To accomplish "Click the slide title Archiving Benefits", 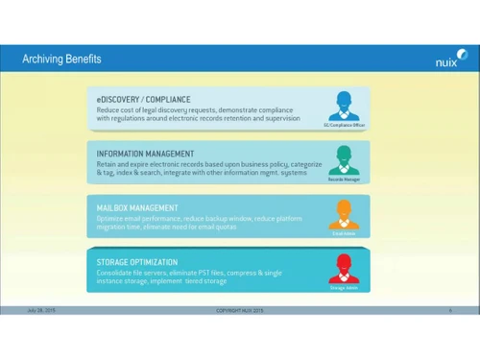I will pyautogui.click(x=61, y=60).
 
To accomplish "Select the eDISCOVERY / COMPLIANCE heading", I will pyautogui.click(x=143, y=99).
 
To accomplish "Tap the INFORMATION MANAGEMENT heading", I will pyautogui.click(x=145, y=154).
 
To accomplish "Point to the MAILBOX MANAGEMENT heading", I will pyautogui.click(x=137, y=207).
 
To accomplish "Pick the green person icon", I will pyautogui.click(x=344, y=158).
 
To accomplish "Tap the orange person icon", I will pyautogui.click(x=344, y=212).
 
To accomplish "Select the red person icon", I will pyautogui.click(x=344, y=266).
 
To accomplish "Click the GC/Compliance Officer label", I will pyautogui.click(x=344, y=125).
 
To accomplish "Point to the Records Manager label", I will pyautogui.click(x=344, y=180).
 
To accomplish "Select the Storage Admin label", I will pyautogui.click(x=344, y=287).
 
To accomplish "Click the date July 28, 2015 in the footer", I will pyautogui.click(x=41, y=310).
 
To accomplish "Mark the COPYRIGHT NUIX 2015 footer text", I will pyautogui.click(x=240, y=310).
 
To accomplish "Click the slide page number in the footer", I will pyautogui.click(x=450, y=310).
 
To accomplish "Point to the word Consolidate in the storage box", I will pyautogui.click(x=113, y=272).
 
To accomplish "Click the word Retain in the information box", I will pyautogui.click(x=106, y=163).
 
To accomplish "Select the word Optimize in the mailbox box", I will pyautogui.click(x=109, y=218).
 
